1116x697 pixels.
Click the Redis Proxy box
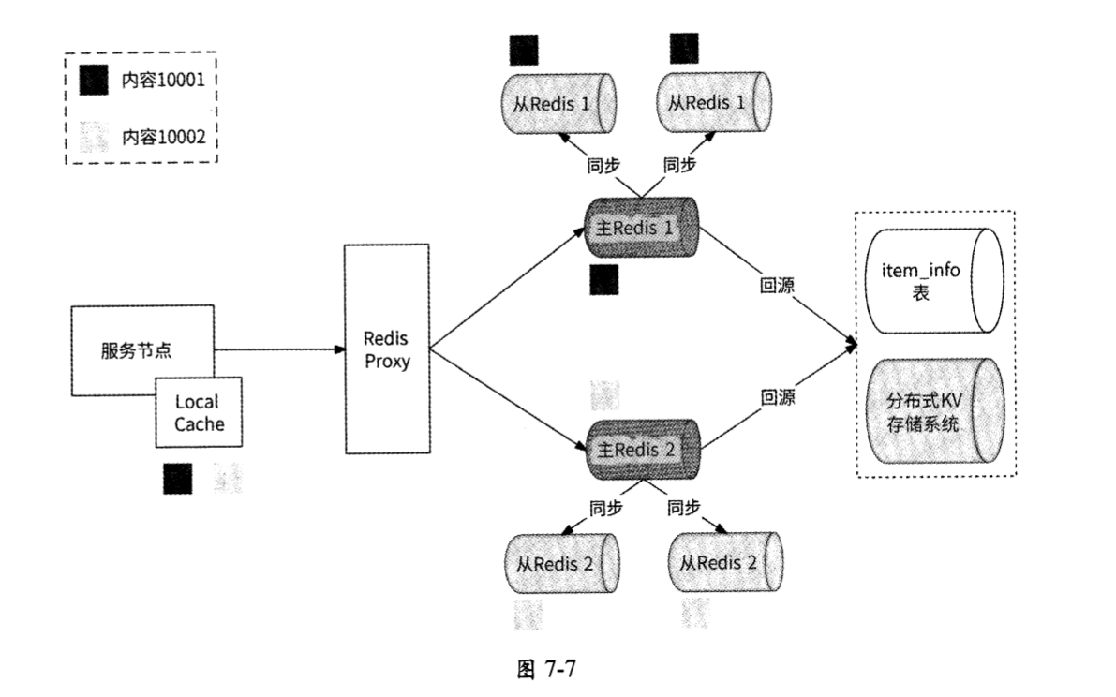(387, 349)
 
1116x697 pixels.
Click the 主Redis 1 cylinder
(643, 229)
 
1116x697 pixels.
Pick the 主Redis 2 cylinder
(643, 449)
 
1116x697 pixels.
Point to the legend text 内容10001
(165, 82)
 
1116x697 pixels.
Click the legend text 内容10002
(165, 137)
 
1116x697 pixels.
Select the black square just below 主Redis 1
(603, 279)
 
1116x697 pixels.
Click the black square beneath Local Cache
(178, 479)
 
